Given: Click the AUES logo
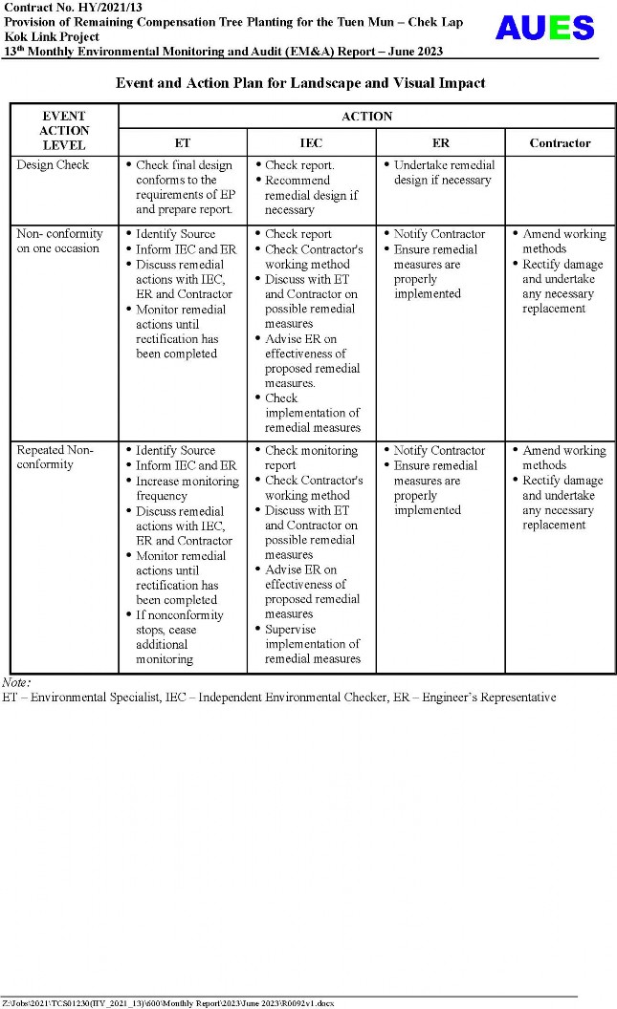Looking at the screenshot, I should (x=543, y=29).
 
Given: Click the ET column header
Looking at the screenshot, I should (x=182, y=143).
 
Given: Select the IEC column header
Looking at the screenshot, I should (x=311, y=143).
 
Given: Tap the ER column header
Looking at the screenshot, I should (x=440, y=143).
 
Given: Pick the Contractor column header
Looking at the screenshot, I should (x=560, y=143).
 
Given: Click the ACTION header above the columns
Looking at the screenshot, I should (x=366, y=117).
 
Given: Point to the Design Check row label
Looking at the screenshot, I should (x=53, y=165).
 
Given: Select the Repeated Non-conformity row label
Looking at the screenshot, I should (x=55, y=458).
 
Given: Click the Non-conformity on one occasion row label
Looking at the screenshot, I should (x=59, y=241).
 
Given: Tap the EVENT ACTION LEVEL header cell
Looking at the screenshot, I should (x=64, y=131).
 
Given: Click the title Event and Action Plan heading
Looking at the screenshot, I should (x=300, y=83).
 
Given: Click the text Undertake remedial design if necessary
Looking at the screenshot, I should (x=442, y=173).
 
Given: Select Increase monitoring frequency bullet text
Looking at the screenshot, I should (x=187, y=488).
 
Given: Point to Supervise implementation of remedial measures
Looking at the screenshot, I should (x=312, y=644).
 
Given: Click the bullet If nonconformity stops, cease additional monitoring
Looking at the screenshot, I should (x=179, y=637).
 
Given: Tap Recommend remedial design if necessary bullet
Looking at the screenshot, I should (x=311, y=195).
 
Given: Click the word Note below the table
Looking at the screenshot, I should (x=15, y=682).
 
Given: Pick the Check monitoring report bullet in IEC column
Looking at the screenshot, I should (x=310, y=458).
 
